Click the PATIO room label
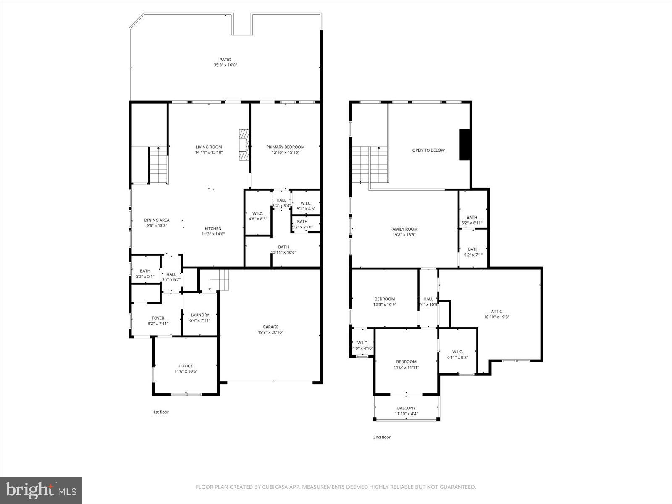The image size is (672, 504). tap(225, 60)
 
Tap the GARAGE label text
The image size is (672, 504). tap(270, 327)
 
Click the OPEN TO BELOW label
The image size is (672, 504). tap(428, 150)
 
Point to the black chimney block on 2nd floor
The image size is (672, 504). tap(465, 145)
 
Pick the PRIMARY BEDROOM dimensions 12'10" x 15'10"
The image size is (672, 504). tap(285, 152)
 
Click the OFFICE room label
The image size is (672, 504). tap(186, 366)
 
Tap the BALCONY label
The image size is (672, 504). tap(406, 408)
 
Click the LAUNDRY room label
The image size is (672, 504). tap(199, 315)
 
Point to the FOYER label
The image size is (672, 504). tap(158, 318)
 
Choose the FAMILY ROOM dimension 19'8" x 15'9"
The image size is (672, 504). tap(404, 234)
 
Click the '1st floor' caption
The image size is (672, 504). tap(160, 412)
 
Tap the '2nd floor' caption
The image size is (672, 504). tap(382, 437)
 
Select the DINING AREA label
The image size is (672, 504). tap(157, 220)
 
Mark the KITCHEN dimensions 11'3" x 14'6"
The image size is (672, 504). tap(213, 234)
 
